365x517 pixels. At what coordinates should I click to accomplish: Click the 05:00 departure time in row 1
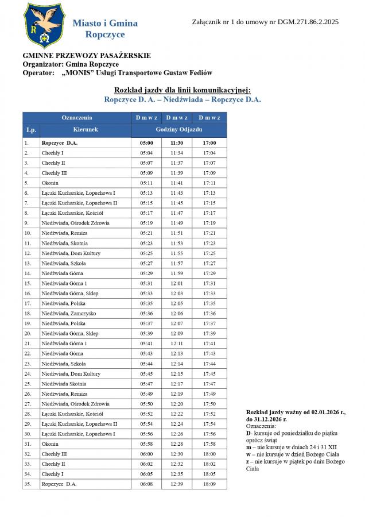(x=146, y=142)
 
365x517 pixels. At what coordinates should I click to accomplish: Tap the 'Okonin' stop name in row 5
(x=50, y=183)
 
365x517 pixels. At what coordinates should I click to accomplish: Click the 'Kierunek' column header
(x=86, y=130)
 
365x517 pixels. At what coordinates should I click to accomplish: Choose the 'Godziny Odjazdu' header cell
(x=179, y=130)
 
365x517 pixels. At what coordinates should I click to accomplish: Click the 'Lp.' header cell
(x=31, y=130)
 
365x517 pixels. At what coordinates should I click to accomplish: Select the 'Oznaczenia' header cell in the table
(x=77, y=117)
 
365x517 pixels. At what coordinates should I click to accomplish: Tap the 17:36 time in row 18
(x=209, y=314)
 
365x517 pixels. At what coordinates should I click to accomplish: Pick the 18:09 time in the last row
(x=209, y=484)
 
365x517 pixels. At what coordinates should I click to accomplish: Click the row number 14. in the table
(x=28, y=273)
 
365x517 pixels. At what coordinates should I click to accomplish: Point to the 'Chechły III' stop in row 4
(x=54, y=173)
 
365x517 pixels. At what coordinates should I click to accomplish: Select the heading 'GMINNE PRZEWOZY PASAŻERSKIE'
(x=87, y=56)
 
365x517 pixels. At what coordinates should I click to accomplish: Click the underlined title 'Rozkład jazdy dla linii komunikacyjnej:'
(x=182, y=90)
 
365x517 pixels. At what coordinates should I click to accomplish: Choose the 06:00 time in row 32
(x=146, y=454)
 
